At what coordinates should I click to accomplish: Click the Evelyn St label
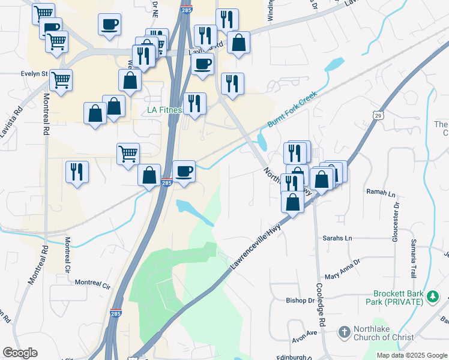34,74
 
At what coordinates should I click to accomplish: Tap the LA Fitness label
164,110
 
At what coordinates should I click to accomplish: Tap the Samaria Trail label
414,257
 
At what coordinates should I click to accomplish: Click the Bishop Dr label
300,300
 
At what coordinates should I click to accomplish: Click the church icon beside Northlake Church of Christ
344,332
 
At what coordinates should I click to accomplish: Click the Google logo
20,353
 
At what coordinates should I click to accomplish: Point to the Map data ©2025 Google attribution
412,355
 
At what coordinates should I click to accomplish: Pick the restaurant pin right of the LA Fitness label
194,104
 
